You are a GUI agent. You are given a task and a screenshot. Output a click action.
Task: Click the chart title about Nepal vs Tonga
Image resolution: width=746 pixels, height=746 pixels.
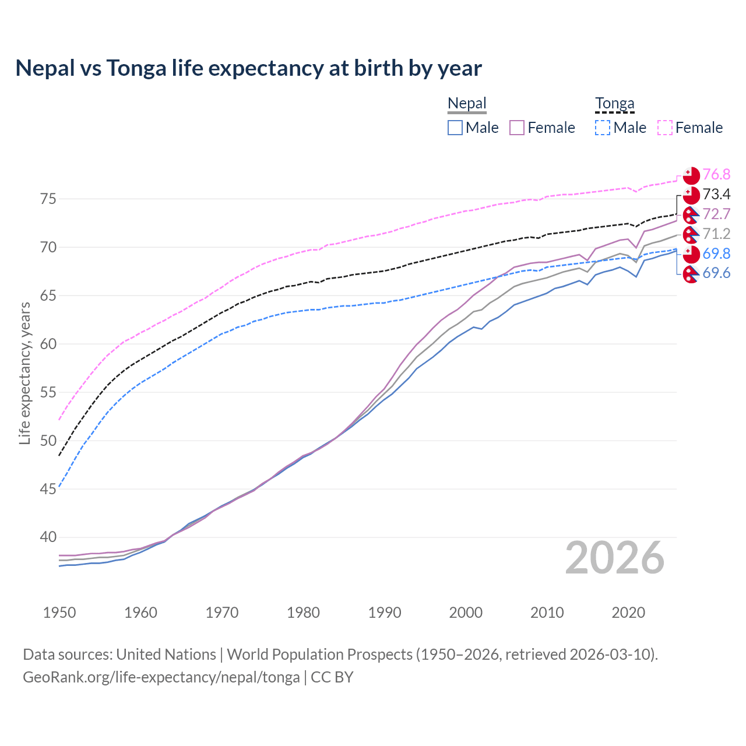click(248, 68)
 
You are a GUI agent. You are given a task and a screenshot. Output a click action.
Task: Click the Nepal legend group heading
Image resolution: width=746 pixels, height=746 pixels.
click(467, 104)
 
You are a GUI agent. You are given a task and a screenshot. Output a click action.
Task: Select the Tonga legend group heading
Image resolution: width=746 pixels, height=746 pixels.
click(614, 104)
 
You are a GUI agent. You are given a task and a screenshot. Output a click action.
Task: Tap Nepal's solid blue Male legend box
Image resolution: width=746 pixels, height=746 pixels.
click(455, 128)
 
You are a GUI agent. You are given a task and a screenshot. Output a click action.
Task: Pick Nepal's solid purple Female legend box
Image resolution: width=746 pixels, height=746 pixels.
click(517, 128)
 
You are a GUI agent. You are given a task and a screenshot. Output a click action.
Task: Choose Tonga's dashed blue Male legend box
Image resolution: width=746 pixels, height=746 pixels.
click(603, 128)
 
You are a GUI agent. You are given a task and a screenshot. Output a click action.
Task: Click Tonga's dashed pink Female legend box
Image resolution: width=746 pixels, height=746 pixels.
click(665, 128)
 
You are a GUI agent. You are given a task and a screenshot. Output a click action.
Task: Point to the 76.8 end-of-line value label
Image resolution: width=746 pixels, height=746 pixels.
click(716, 174)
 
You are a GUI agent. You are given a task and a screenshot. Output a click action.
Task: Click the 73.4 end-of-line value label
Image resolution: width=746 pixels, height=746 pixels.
click(716, 194)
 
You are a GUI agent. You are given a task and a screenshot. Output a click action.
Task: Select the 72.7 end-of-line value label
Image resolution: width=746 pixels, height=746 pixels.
click(716, 214)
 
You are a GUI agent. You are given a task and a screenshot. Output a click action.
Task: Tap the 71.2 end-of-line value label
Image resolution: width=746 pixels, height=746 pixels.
click(716, 234)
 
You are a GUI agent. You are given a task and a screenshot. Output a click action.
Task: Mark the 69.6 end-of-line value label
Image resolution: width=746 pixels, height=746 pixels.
click(716, 273)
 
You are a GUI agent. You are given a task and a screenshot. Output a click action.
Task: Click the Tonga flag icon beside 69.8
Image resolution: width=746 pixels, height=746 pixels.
click(691, 254)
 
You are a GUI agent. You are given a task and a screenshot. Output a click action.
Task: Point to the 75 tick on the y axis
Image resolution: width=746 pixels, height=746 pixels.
click(48, 199)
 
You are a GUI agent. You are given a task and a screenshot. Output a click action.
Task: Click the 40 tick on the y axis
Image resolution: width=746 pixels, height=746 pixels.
click(48, 537)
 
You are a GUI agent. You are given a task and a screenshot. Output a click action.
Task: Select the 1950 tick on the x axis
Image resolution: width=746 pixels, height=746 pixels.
click(59, 613)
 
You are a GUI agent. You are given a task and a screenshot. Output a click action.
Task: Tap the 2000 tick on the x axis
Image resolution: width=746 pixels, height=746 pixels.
click(466, 613)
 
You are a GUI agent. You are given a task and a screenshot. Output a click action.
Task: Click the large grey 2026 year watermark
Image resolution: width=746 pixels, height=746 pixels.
click(614, 558)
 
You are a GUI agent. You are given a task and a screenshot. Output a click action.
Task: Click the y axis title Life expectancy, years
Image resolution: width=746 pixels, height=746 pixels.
click(25, 373)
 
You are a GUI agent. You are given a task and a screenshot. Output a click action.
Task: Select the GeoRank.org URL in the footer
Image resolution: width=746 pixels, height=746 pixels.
click(161, 677)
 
